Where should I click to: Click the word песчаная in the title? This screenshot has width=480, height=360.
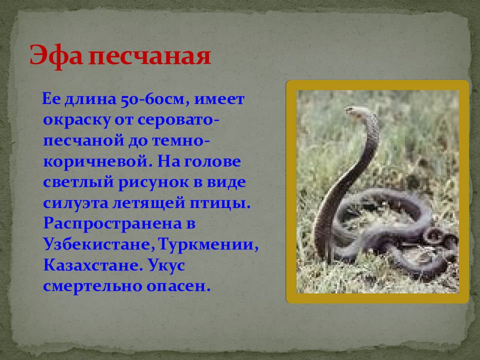click(148, 56)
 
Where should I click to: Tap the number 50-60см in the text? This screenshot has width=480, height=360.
click(153, 100)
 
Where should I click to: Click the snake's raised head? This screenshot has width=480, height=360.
click(354, 110)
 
